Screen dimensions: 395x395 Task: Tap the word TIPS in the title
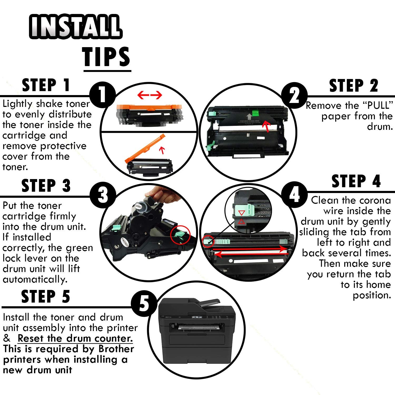(107, 57)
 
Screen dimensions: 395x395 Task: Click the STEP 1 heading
(46, 85)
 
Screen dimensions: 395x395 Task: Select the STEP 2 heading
(354, 86)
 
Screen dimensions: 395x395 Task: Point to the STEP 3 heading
(46, 185)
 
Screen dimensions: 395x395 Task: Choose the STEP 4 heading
(356, 181)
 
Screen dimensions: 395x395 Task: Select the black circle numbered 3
(103, 196)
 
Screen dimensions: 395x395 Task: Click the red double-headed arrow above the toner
(150, 95)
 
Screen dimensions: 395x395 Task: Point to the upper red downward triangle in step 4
(241, 213)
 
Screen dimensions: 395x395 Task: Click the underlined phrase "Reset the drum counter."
(75, 338)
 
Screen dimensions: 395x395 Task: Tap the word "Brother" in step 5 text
(116, 349)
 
